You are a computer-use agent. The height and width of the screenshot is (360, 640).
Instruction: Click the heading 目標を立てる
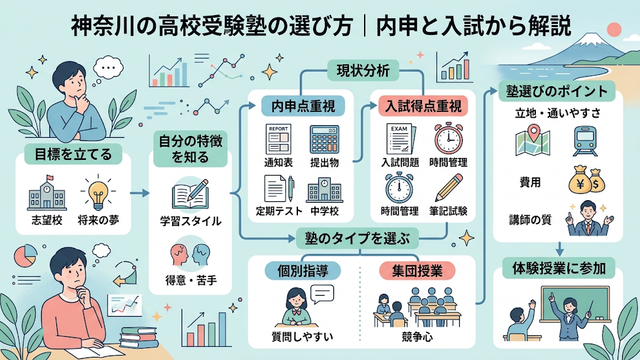pos(73,154)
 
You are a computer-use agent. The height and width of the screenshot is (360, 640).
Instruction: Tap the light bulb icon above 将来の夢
pos(98,193)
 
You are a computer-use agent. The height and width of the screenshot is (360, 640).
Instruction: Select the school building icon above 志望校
pos(47,193)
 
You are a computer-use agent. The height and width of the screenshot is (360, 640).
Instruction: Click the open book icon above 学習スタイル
pos(190,195)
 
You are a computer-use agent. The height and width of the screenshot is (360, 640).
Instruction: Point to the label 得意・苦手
pos(191,280)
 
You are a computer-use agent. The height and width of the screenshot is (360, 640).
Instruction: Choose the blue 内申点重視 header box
pos(303,106)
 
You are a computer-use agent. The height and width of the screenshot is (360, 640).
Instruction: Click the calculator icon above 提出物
pos(324,140)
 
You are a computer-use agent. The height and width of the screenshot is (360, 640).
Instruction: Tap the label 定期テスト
pos(279,211)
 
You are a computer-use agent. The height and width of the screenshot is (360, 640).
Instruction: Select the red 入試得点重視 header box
pos(423,106)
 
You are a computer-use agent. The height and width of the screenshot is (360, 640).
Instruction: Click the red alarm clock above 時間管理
pos(448,138)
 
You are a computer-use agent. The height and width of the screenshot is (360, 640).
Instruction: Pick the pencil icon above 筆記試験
pos(449,187)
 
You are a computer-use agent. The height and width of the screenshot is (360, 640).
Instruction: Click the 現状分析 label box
pos(363,71)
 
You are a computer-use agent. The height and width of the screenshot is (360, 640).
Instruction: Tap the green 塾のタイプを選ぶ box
pos(357,238)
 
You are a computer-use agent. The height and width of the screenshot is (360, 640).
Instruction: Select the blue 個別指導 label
pos(302,271)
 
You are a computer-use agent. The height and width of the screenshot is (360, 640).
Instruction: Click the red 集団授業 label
pos(417,271)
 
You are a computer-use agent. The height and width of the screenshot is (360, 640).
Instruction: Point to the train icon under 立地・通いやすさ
pos(584,141)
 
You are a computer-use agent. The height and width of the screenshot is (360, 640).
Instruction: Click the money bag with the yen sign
pos(580,180)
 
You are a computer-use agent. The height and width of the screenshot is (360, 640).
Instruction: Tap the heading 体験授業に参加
pos(558,269)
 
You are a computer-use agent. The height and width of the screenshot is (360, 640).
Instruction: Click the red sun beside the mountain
pos(614,30)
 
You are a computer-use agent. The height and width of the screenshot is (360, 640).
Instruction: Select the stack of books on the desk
pos(139,338)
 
